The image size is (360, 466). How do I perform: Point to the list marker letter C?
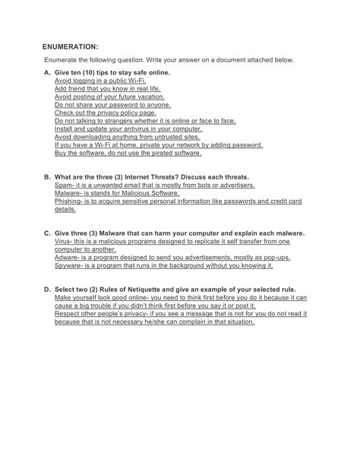(x=47, y=233)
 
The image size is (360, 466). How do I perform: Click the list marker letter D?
(x=47, y=290)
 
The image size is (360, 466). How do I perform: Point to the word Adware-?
(x=69, y=258)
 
